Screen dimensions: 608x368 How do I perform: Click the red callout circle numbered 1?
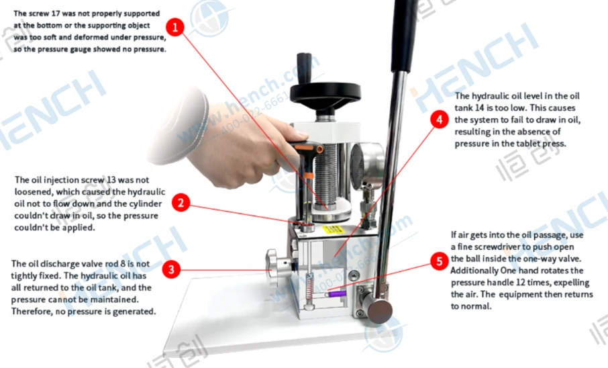[x=175, y=27]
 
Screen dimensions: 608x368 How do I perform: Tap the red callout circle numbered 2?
[x=181, y=203]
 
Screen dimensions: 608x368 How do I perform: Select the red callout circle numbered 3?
[x=171, y=269]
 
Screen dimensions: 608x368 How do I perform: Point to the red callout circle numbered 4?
[x=440, y=119]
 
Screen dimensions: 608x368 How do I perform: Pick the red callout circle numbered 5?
[x=440, y=261]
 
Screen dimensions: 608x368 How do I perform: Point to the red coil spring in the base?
[x=309, y=288]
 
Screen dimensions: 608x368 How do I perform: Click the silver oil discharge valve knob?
[x=278, y=267]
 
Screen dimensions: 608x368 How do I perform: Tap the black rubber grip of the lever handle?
[x=404, y=35]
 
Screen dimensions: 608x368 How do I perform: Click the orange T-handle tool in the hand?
[x=306, y=150]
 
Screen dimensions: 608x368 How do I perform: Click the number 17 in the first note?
[x=56, y=13]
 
